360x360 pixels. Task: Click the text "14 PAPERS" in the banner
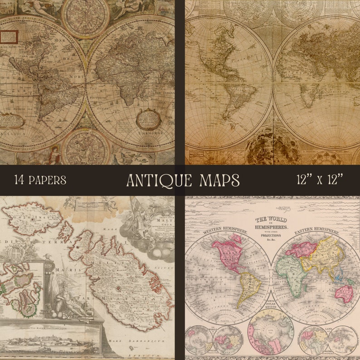40,180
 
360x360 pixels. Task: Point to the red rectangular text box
9,37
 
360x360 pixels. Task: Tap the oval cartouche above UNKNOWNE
148,119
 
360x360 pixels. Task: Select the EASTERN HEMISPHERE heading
317,233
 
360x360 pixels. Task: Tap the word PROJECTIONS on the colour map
271,235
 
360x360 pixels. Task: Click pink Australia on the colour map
344,293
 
